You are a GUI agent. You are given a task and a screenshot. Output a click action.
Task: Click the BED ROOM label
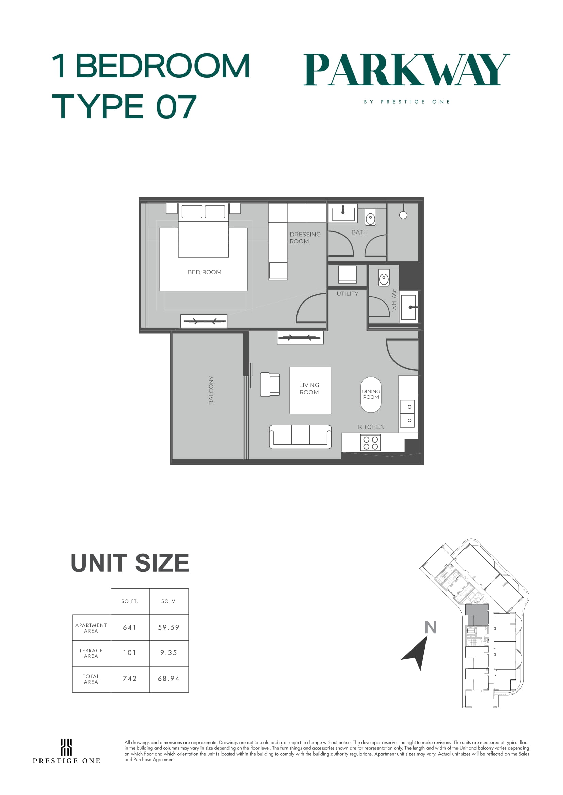[204, 272]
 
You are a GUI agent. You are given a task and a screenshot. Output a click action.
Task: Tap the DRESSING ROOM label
[305, 238]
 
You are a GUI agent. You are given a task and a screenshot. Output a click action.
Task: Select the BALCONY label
[211, 390]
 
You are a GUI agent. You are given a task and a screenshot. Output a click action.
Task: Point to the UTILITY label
[348, 294]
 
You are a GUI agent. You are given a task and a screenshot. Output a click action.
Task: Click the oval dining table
[371, 394]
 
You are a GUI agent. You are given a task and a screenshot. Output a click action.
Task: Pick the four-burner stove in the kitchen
[371, 443]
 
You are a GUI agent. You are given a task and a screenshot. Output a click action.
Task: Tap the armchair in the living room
[270, 384]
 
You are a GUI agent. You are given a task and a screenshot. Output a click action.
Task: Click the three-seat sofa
[300, 437]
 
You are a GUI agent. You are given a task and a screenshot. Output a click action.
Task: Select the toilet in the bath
[370, 219]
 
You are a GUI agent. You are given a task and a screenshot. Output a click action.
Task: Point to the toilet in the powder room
[384, 279]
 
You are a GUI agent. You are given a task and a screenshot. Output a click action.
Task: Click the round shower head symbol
[403, 215]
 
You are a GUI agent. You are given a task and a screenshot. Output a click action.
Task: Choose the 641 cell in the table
[130, 627]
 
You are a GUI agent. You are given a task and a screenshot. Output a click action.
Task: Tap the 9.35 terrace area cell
[169, 653]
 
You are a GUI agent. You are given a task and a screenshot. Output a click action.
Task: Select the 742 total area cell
[130, 679]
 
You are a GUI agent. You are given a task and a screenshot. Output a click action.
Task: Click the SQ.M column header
[168, 602]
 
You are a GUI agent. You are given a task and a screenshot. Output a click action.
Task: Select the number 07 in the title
[176, 107]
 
